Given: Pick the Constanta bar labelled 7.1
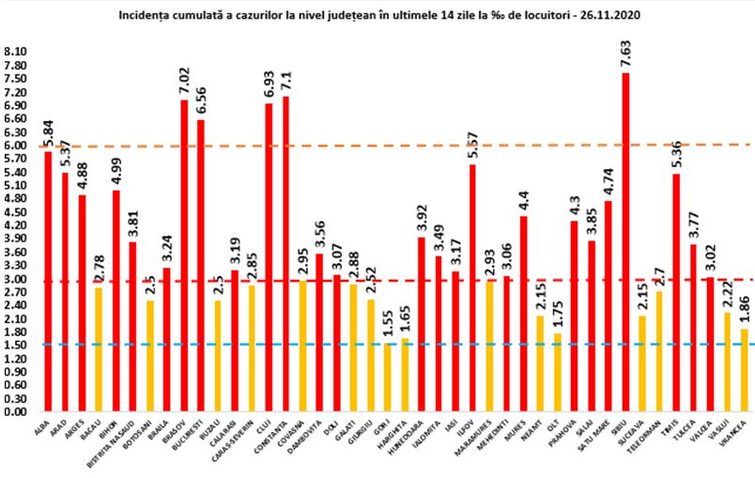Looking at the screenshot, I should [x=285, y=254].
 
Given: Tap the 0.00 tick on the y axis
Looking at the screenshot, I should [x=16, y=411].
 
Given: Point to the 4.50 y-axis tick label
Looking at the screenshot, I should [x=16, y=212].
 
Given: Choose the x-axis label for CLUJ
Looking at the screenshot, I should [x=265, y=427].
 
